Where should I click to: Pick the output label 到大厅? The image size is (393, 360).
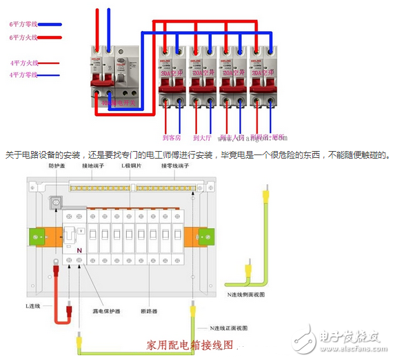tap(201, 137)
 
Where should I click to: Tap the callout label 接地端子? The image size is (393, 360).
tap(93, 166)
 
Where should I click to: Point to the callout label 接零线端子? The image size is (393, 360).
tap(177, 166)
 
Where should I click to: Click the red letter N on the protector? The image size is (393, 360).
tap(80, 249)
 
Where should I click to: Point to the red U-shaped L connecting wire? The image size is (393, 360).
tap(61, 297)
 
